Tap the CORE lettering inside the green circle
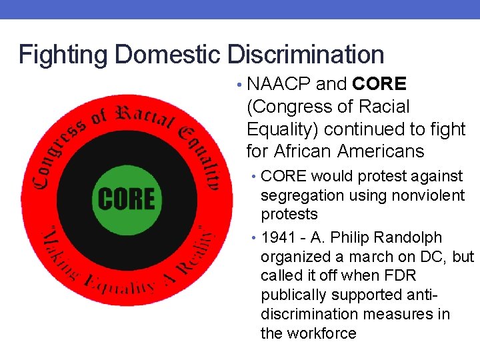126,199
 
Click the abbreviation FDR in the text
393,276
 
